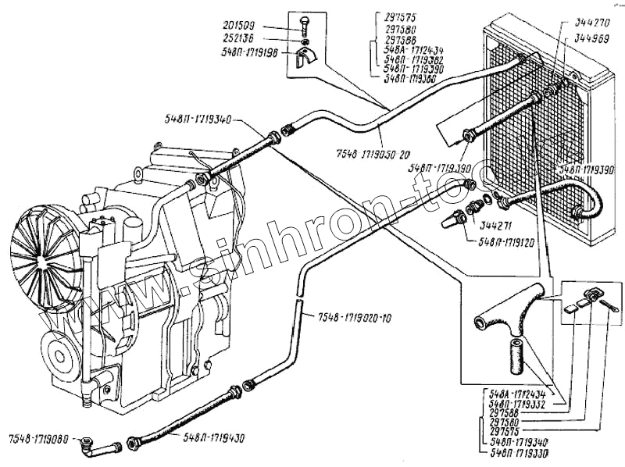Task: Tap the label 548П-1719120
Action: [509, 243]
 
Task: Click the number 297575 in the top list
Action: [403, 16]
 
